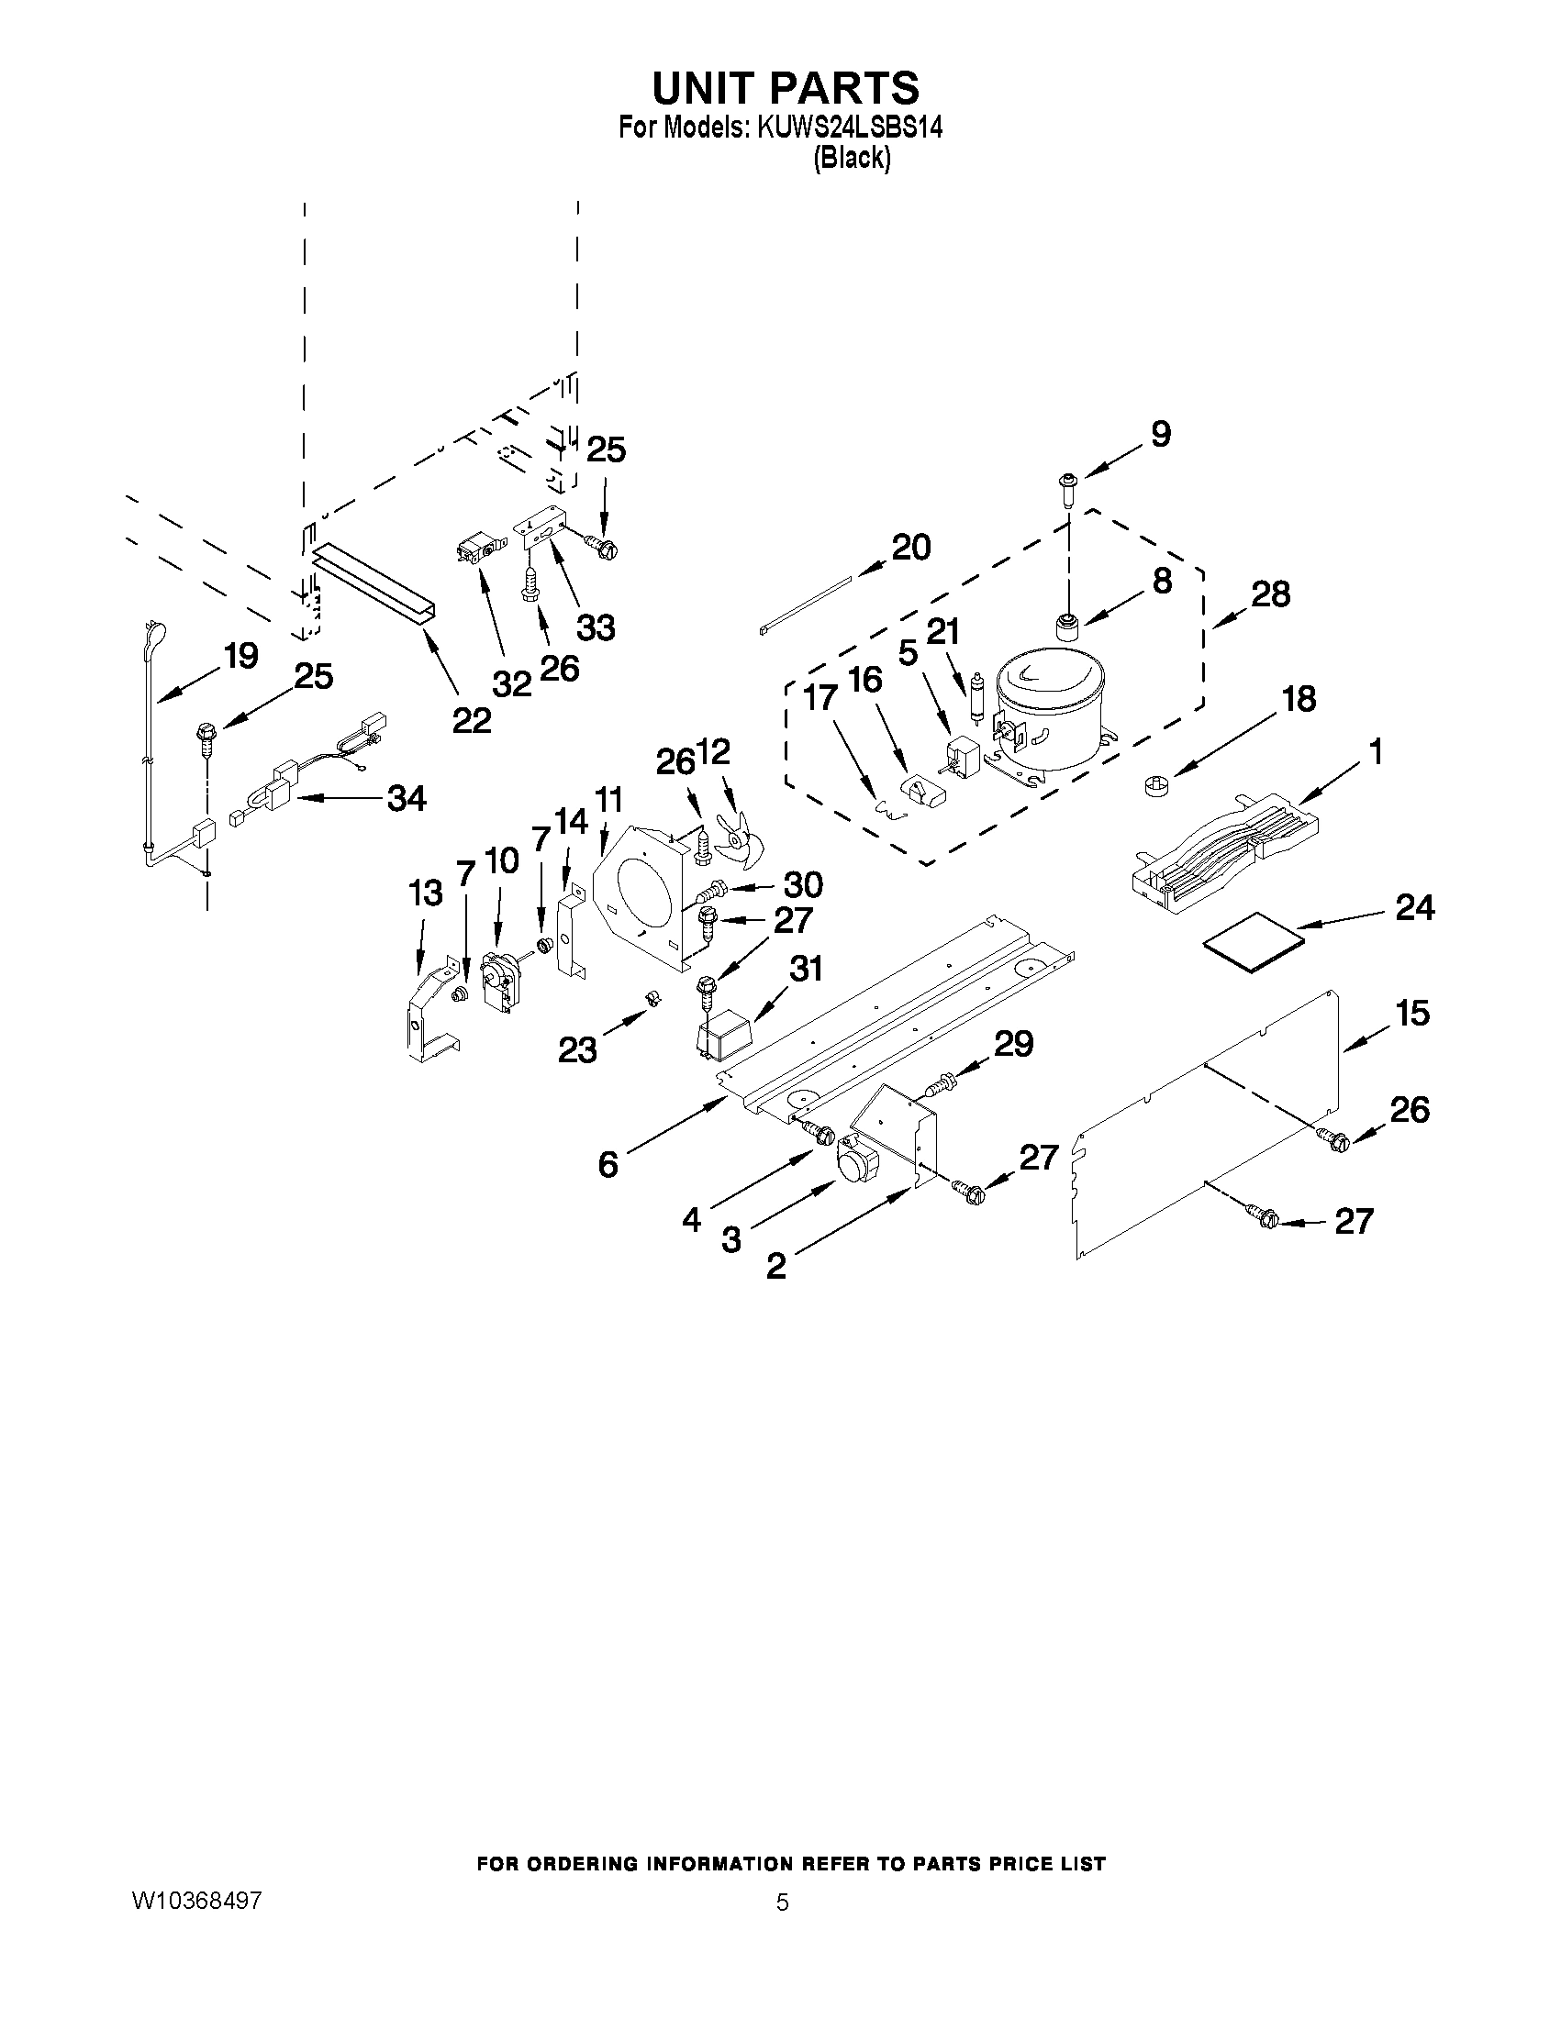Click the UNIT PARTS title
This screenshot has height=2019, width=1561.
pyautogui.click(x=786, y=87)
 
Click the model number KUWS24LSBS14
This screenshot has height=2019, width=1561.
pyautogui.click(x=849, y=128)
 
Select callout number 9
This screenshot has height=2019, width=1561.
pyautogui.click(x=1161, y=435)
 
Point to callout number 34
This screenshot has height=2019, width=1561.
pyautogui.click(x=407, y=798)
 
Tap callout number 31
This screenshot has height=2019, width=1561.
pyautogui.click(x=806, y=968)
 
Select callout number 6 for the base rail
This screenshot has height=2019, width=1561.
pyautogui.click(x=608, y=1164)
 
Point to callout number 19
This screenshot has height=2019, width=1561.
pyautogui.click(x=240, y=658)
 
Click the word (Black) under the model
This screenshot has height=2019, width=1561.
pyautogui.click(x=852, y=158)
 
